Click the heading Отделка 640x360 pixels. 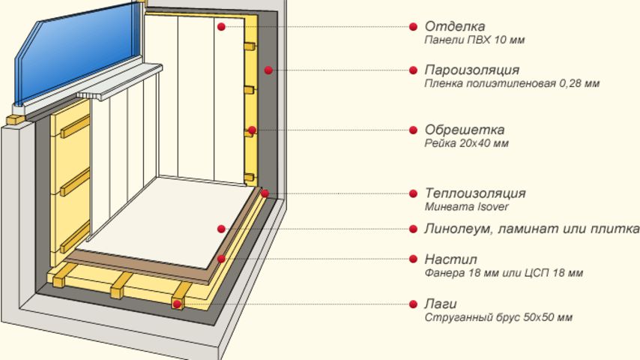pos(455,26)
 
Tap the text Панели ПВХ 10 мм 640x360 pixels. pos(474,40)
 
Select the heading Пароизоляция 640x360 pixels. pos(472,70)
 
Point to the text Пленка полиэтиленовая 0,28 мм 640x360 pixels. pos(512,84)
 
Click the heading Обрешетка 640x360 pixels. pos(465,130)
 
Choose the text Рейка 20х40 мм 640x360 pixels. pos(467,143)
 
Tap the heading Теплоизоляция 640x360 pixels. pos(475,193)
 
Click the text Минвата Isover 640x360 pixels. pos(467,206)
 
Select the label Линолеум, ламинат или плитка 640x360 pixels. pos(532,229)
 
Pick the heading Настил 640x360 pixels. pos(450,259)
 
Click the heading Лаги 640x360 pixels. pos(441,304)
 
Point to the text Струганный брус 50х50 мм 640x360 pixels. pos(498,317)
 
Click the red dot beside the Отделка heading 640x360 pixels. pos(413,26)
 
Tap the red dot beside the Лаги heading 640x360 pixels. pos(413,304)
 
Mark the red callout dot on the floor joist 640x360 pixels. pos(177,304)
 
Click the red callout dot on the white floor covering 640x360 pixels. pos(221,229)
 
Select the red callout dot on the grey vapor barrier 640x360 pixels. pos(268,70)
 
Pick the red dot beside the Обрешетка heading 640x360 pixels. pos(413,130)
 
